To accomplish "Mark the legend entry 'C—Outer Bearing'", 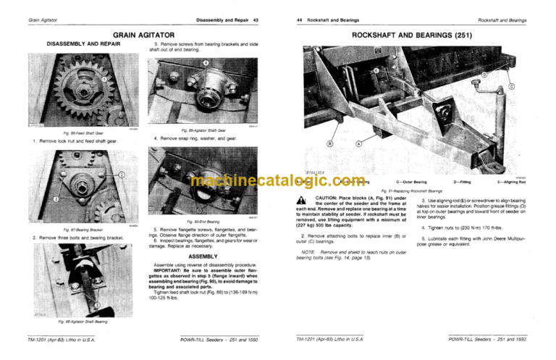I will click(x=411, y=182).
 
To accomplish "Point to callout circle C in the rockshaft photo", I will click(x=511, y=85).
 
